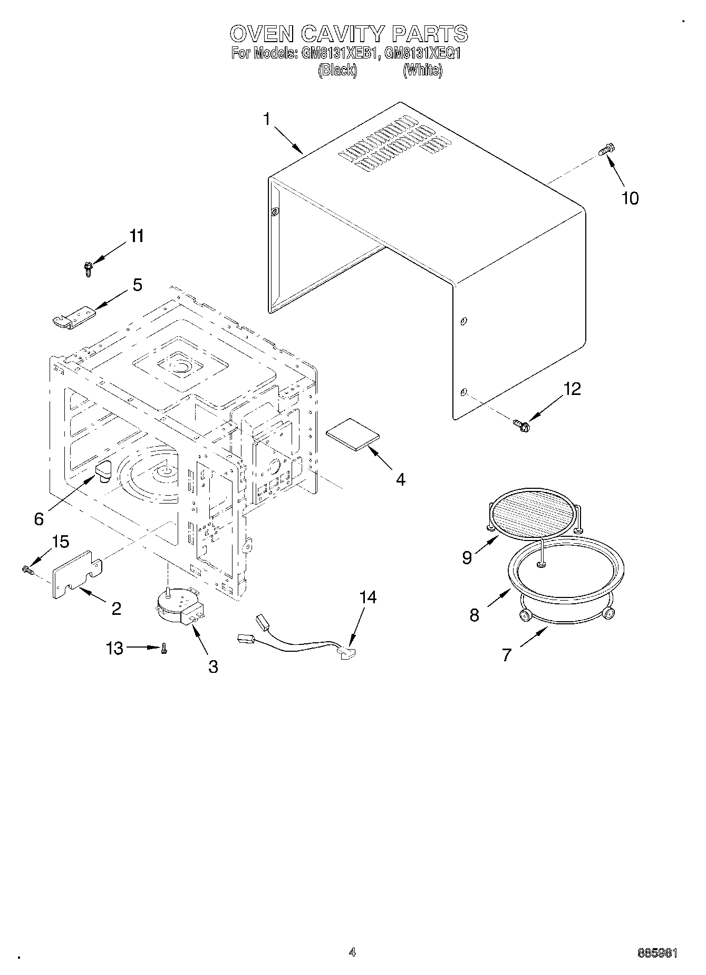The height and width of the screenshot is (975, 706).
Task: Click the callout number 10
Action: click(x=630, y=198)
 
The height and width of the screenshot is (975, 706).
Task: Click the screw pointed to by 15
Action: click(x=27, y=569)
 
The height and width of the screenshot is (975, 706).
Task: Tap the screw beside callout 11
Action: click(x=88, y=269)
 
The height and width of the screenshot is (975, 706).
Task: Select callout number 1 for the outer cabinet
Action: click(x=267, y=120)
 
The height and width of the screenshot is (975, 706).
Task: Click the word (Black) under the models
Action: click(x=337, y=70)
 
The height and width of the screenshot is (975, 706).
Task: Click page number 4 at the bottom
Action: click(x=352, y=952)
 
